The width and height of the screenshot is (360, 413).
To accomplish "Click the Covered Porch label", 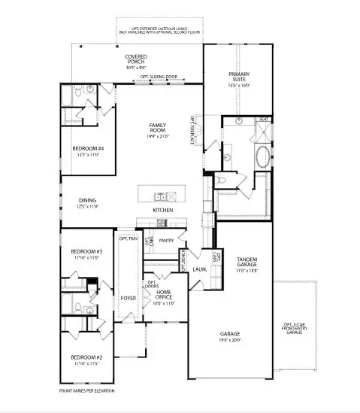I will point(136,58).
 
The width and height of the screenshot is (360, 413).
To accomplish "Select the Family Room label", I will point(158,127).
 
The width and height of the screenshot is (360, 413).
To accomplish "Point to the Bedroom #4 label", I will point(88,149).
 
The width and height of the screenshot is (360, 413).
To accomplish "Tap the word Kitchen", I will point(163,210).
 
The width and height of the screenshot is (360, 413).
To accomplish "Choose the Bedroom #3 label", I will point(86,251).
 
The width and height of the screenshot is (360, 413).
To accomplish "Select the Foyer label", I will point(128,298).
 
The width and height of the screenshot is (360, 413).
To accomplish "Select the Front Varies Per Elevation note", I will point(87,391).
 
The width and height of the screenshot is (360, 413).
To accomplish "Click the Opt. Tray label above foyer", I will point(129,238).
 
